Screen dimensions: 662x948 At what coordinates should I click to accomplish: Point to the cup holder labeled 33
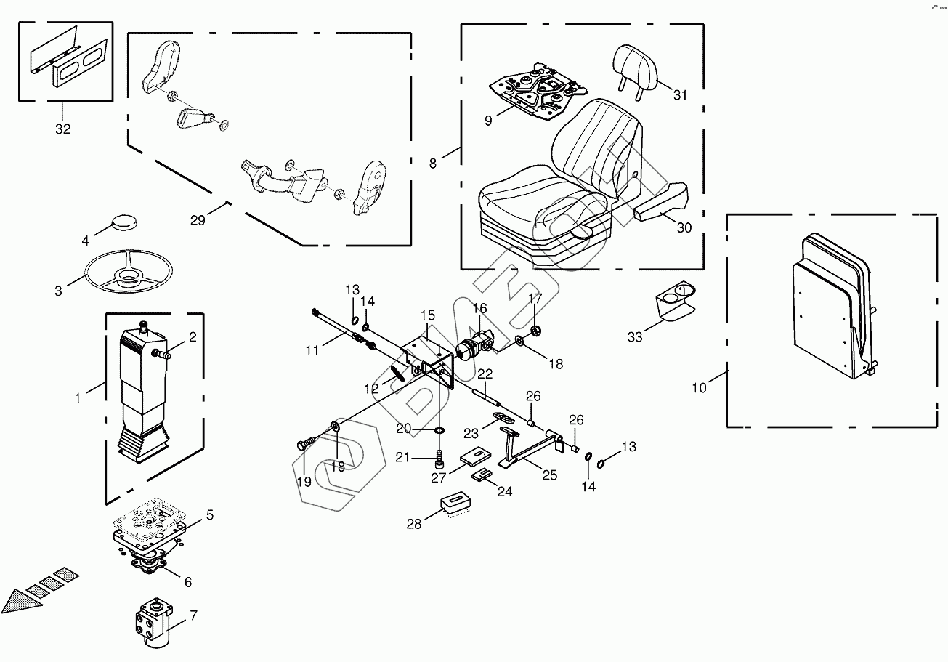click(x=675, y=299)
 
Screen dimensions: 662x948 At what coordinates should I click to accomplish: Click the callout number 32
click(x=63, y=129)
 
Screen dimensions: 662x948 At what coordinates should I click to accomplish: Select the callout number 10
click(x=698, y=388)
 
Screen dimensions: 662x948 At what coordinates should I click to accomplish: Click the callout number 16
click(x=479, y=309)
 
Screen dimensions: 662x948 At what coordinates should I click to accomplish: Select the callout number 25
click(x=550, y=475)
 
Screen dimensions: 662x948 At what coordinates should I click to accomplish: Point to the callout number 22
click(x=485, y=374)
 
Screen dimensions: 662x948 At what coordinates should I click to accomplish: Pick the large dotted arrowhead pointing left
click(x=18, y=601)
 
